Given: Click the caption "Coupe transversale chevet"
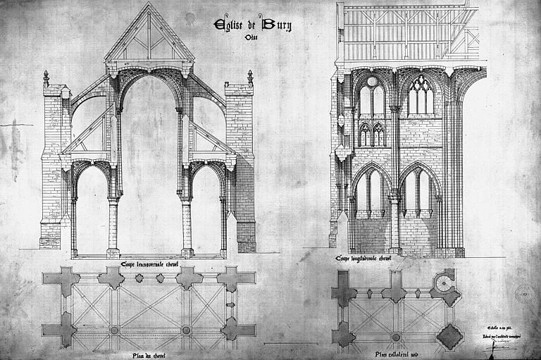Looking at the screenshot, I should [x=148, y=265].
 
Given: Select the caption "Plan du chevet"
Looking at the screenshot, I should [x=149, y=354].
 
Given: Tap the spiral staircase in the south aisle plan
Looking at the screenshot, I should [x=445, y=283].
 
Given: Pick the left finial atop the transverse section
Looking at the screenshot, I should [x=46, y=77].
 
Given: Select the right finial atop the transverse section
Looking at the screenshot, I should [x=249, y=76].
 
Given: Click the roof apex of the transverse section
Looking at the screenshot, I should [x=149, y=6].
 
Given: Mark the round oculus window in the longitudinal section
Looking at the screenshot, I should [x=372, y=81].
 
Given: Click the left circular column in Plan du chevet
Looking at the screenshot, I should [x=114, y=330].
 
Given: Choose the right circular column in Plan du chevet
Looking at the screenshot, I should [x=187, y=330].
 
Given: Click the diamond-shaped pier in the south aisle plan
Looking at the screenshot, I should [x=449, y=335].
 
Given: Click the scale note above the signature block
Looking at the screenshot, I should [x=501, y=328].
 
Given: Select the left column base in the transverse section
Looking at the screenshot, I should [x=113, y=252].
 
